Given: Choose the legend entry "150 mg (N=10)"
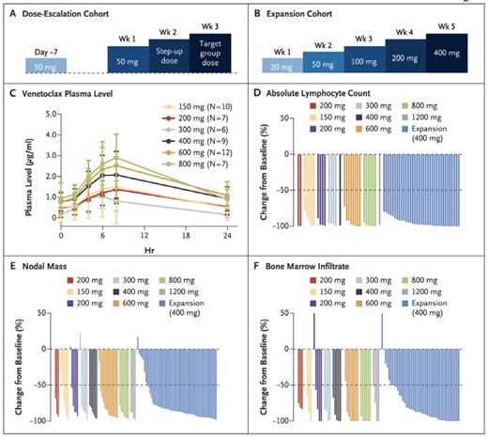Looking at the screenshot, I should [x=199, y=107].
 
